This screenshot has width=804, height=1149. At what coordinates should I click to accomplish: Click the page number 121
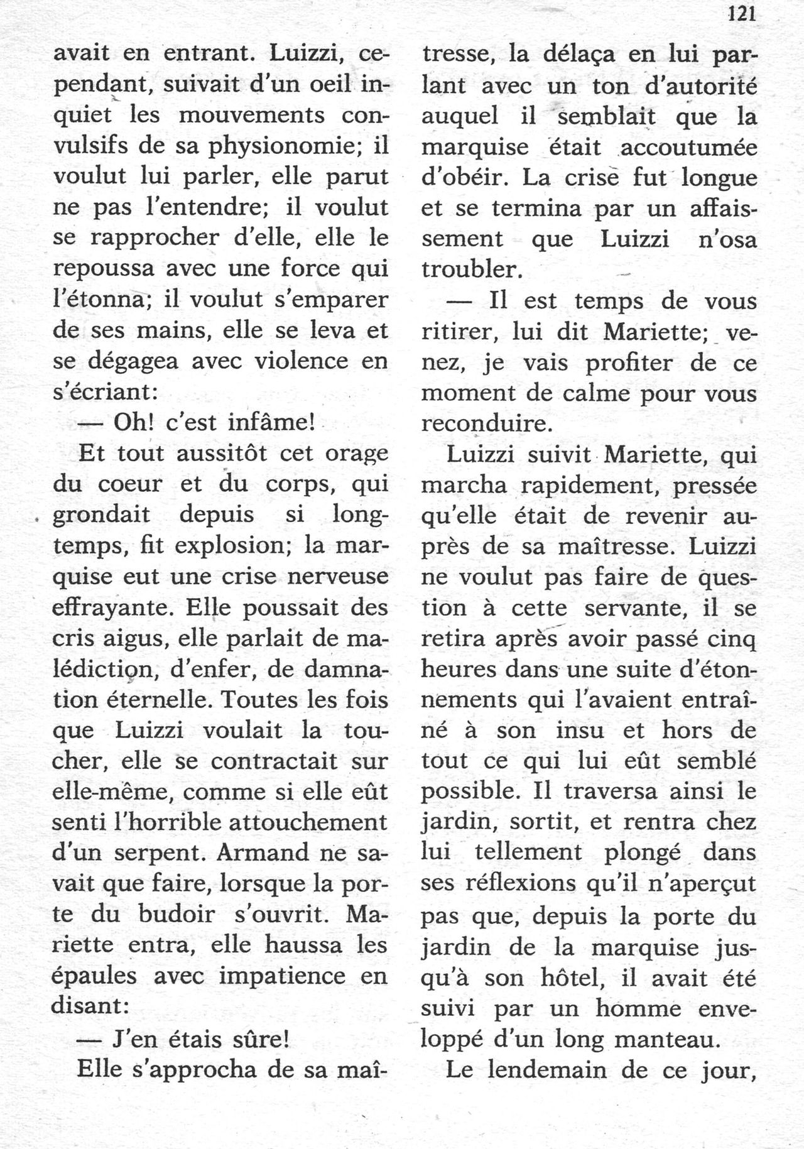tap(742, 14)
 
